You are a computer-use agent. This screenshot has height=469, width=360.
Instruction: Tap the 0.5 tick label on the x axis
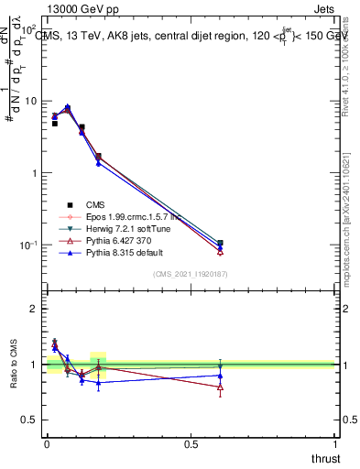coord(191,445)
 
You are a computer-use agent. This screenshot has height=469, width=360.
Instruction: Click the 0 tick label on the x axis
coord(47,445)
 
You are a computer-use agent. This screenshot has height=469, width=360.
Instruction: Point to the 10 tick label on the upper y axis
coord(31,101)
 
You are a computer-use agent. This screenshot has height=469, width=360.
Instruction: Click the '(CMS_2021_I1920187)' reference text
coord(191,274)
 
